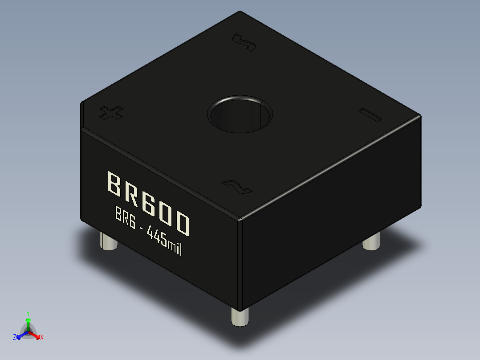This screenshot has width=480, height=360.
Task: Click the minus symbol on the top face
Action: click(x=370, y=115)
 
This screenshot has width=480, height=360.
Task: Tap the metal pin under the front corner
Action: click(x=240, y=317)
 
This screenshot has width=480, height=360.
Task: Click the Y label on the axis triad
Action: click(x=28, y=313)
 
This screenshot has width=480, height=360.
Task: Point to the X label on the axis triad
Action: click(x=41, y=337)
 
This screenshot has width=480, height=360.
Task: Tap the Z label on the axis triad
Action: click(x=15, y=337)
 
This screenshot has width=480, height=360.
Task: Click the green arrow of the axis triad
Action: click(x=28, y=323)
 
